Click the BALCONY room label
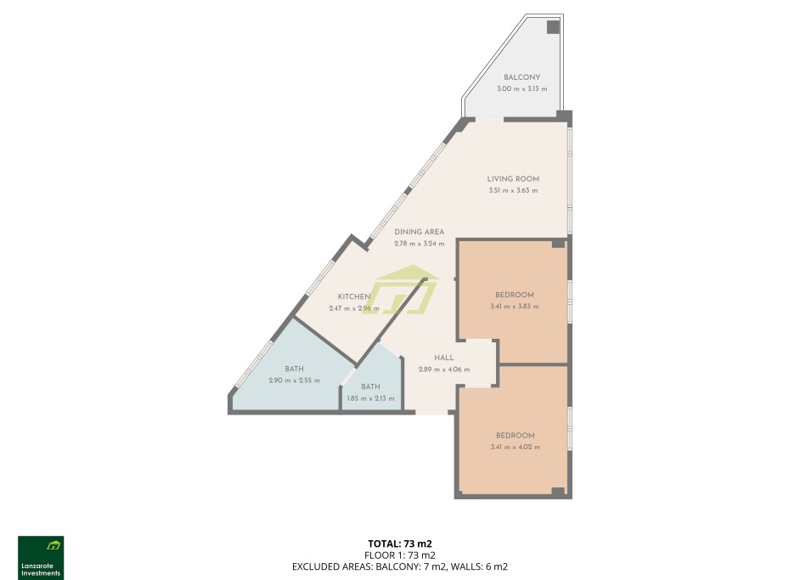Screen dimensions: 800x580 pyautogui.click(x=521, y=77)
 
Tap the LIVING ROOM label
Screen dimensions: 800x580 pyautogui.click(x=513, y=179)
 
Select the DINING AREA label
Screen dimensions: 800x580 pyautogui.click(x=419, y=232)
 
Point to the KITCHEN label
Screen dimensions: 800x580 pyautogui.click(x=353, y=297)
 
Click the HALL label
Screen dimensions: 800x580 pyautogui.click(x=444, y=358)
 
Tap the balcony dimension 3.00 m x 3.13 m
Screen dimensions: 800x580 pyautogui.click(x=522, y=89)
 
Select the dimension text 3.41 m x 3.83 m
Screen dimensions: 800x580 pyautogui.click(x=515, y=307)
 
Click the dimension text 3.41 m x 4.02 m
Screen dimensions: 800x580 pyautogui.click(x=515, y=448)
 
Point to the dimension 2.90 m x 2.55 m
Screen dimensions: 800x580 pyautogui.click(x=295, y=380)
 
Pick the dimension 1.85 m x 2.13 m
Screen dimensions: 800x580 pyautogui.click(x=370, y=399)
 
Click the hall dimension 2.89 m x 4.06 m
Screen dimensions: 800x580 pyautogui.click(x=444, y=370)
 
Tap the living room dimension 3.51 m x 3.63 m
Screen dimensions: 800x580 pyautogui.click(x=513, y=191)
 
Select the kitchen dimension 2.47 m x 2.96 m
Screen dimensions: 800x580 pyautogui.click(x=353, y=308)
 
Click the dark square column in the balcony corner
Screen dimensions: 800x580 pyautogui.click(x=553, y=27)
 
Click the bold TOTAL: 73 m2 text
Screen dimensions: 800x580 pyautogui.click(x=400, y=543)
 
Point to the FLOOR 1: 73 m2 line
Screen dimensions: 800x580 pyautogui.click(x=400, y=555)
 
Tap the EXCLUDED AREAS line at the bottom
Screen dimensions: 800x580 pyautogui.click(x=400, y=566)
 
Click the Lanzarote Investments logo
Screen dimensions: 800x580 pyautogui.click(x=41, y=558)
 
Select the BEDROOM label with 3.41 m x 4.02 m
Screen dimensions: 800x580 pyautogui.click(x=515, y=436)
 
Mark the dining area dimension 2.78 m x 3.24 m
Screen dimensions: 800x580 pyautogui.click(x=419, y=244)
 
